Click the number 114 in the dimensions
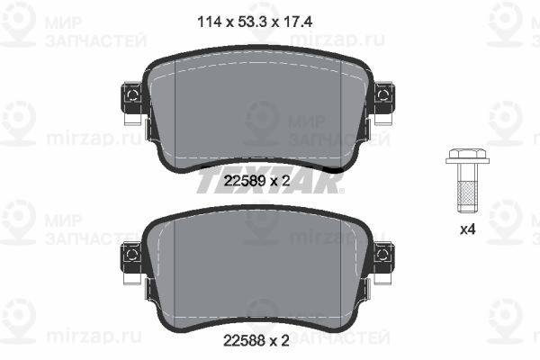[209, 22]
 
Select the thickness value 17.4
[298, 22]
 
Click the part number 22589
[245, 181]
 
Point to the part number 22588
[245, 341]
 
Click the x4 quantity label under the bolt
[468, 229]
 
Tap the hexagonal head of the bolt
[467, 156]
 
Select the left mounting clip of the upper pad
[132, 98]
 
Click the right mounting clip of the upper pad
[384, 98]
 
